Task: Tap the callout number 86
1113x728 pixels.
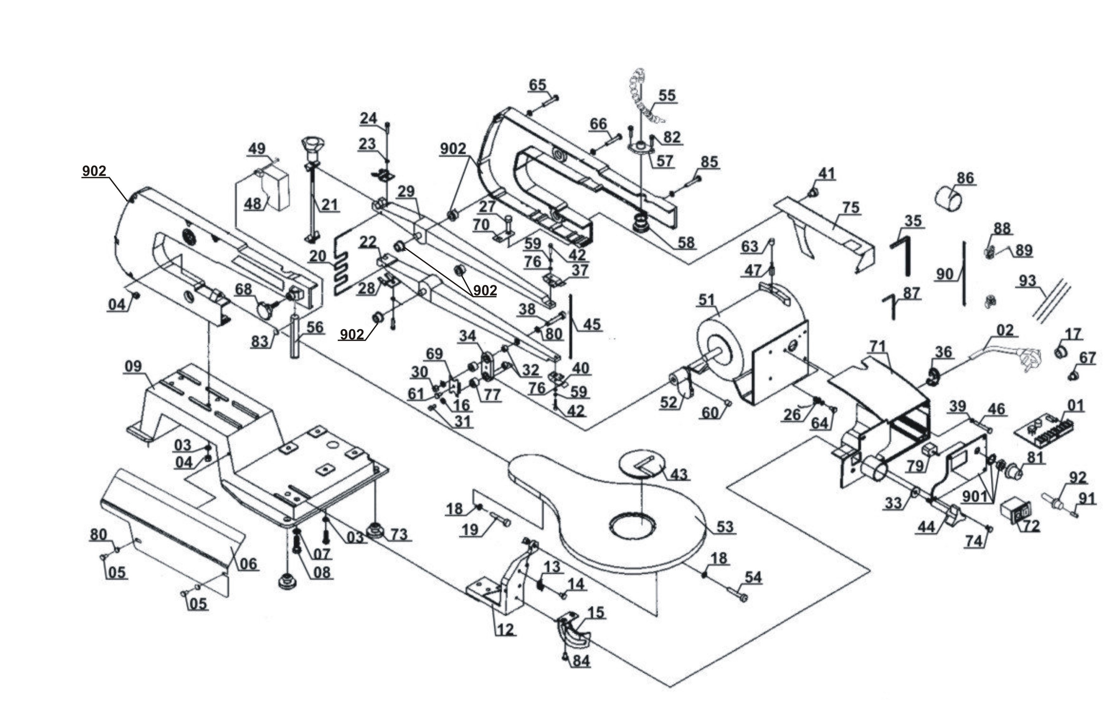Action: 965,178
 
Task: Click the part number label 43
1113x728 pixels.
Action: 679,474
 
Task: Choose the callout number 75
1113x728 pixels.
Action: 851,207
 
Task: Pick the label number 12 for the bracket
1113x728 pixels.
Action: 505,630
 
